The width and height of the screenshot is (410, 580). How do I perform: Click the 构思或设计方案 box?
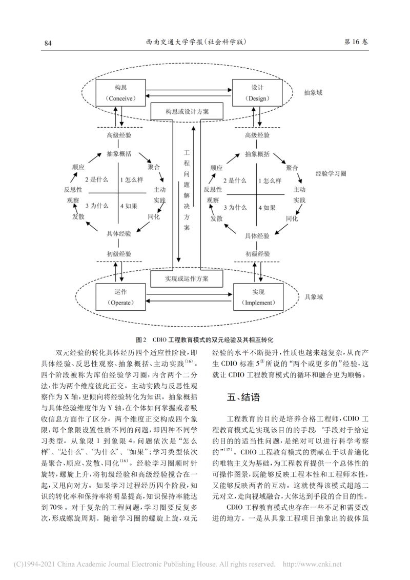[187, 111]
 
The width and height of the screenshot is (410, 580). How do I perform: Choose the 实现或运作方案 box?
[187, 278]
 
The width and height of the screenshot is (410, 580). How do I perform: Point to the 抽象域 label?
[314, 93]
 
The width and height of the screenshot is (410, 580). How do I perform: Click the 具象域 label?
[314, 297]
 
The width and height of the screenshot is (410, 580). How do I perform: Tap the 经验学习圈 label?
[330, 174]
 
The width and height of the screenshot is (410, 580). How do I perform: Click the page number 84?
[48, 44]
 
